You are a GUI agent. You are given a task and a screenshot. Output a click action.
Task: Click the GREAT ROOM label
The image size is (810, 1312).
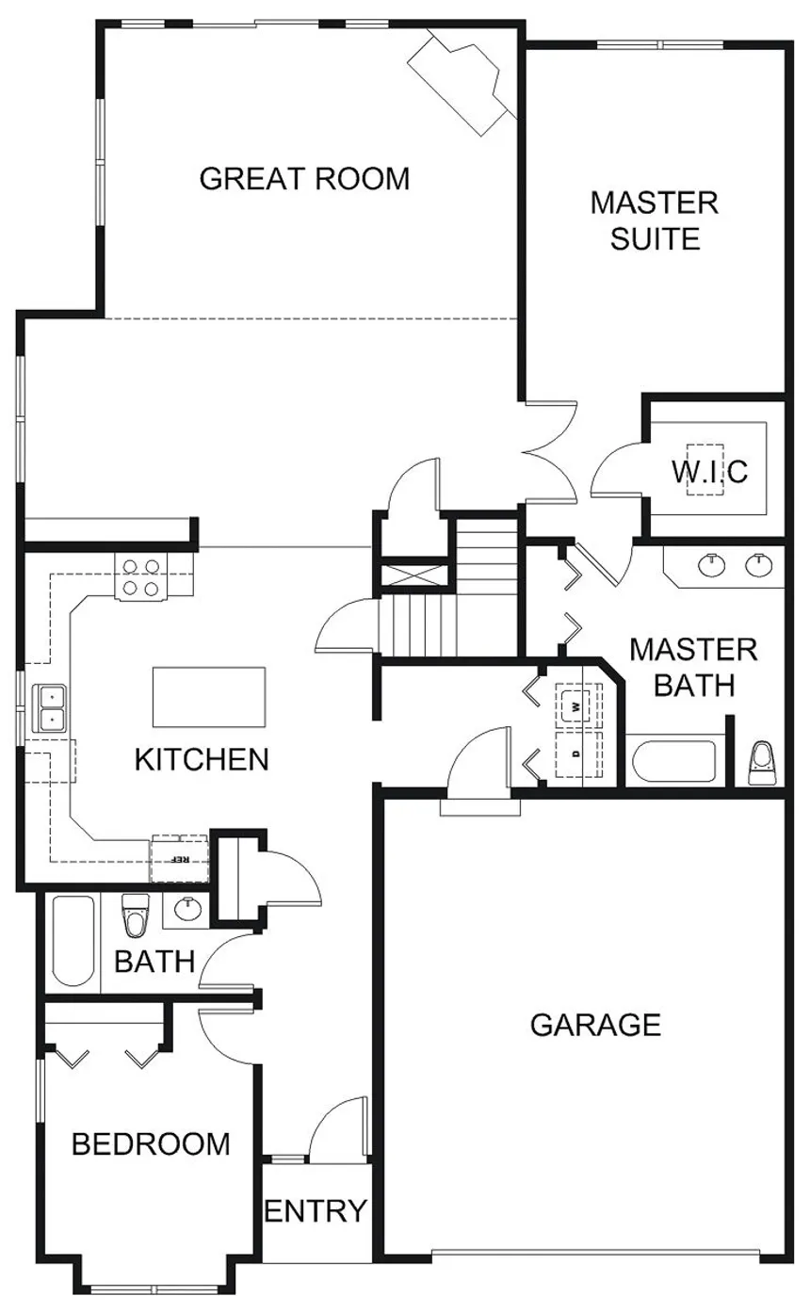304,178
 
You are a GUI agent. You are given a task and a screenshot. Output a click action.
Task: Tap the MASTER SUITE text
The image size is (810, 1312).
655,220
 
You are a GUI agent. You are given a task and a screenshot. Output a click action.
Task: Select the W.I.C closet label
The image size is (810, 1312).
709,470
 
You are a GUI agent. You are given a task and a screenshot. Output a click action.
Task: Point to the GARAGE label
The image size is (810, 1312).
595,1024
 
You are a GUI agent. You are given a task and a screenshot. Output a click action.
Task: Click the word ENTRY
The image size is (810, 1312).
315,1210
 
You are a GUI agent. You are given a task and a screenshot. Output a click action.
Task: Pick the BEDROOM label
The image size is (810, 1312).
151,1143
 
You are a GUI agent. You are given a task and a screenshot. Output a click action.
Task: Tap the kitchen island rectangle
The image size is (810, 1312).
209,697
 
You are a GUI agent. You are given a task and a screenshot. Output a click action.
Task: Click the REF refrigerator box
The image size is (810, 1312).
179,858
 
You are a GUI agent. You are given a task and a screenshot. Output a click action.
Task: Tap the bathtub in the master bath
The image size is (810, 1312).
673,762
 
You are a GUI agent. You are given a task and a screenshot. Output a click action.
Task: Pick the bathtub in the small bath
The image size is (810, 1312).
73,941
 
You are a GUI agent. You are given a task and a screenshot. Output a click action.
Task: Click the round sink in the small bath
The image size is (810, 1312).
187,909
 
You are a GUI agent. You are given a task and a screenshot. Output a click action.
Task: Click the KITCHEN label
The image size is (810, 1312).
202,758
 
